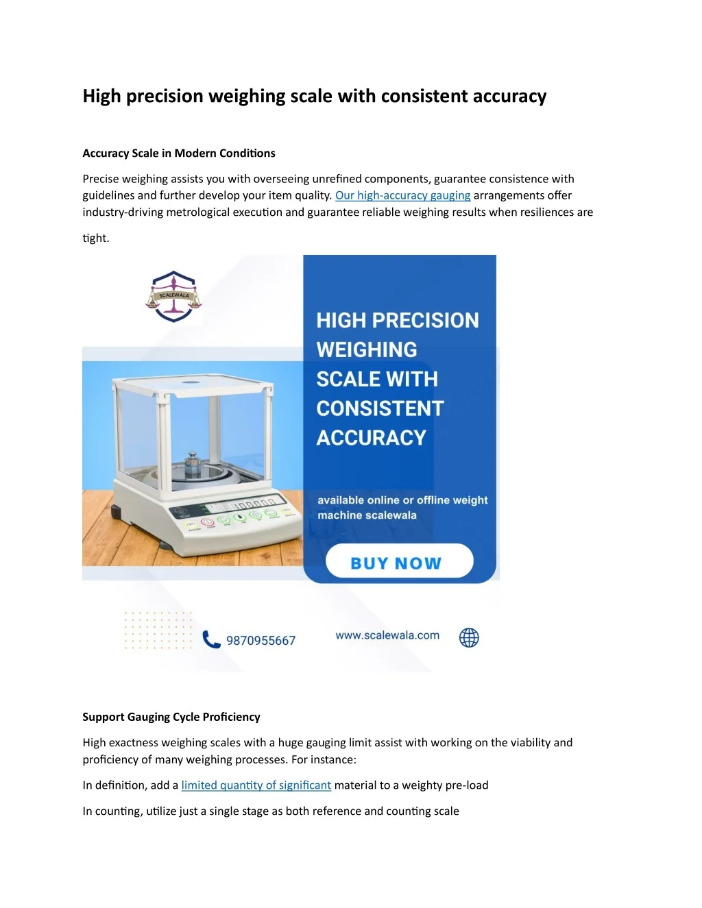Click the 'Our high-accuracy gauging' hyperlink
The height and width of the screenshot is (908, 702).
click(x=402, y=195)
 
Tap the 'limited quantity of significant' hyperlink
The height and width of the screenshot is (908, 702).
click(x=256, y=785)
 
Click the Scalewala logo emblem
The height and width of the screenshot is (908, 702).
click(x=174, y=296)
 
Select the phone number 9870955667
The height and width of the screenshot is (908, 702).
click(x=261, y=641)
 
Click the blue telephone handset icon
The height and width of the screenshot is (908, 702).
click(x=211, y=639)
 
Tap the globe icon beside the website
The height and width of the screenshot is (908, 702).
click(x=469, y=638)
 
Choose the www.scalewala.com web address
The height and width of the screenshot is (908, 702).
click(x=387, y=635)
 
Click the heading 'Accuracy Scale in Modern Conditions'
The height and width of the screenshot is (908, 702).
click(x=179, y=154)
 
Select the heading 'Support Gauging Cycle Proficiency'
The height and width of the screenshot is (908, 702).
click(x=171, y=717)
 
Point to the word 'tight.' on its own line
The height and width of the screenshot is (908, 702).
click(x=96, y=238)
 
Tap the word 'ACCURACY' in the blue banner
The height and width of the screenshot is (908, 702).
click(x=372, y=438)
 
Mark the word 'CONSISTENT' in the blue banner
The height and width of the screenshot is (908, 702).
click(x=380, y=408)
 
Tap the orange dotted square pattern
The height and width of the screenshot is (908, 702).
click(x=158, y=630)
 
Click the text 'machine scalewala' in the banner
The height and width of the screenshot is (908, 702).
click(x=367, y=515)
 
